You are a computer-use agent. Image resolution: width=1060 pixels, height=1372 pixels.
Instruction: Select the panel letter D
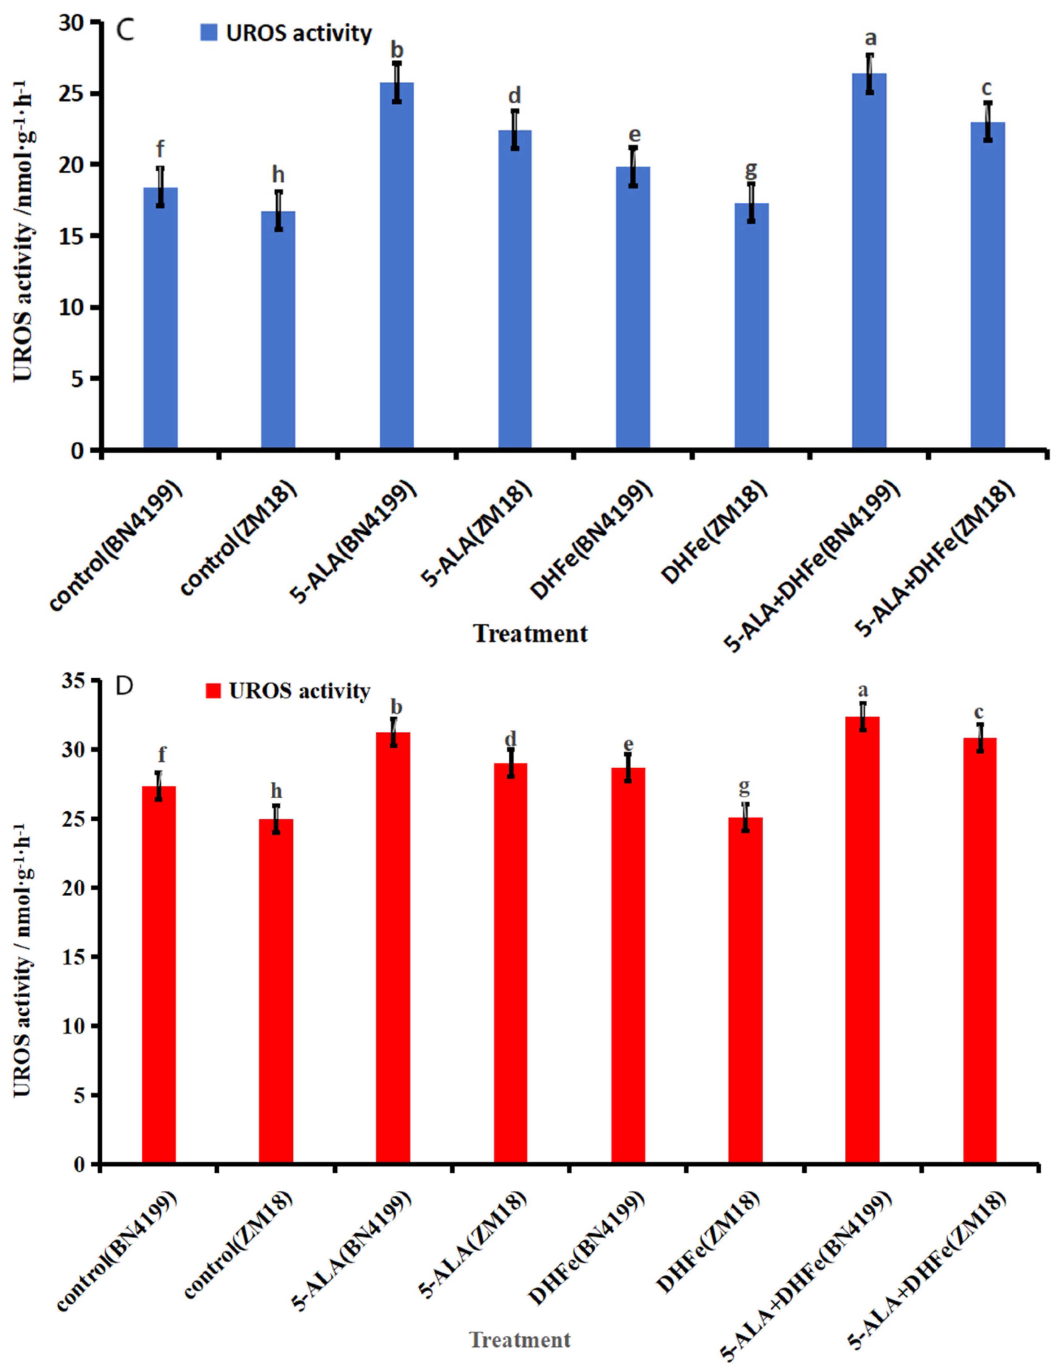[x=125, y=686]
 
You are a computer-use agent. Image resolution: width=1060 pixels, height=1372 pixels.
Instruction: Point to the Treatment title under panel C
[x=531, y=633]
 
